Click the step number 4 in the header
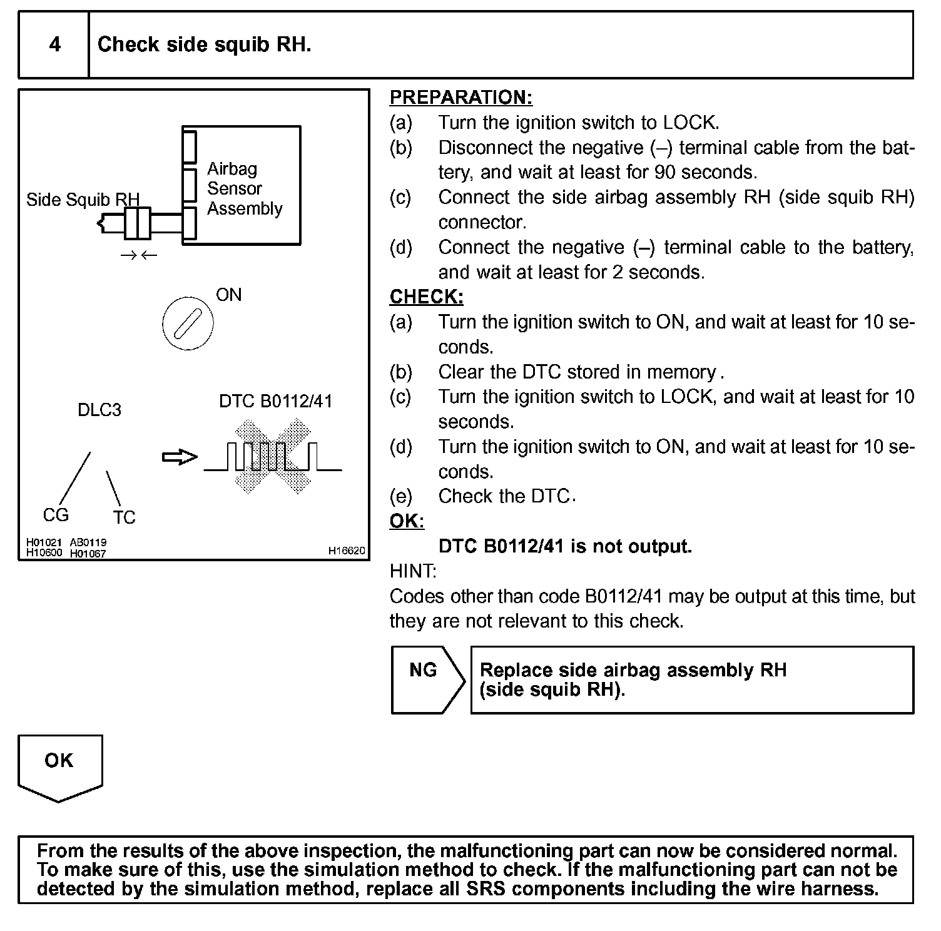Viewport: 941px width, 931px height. (55, 44)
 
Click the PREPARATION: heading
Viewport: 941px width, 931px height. (460, 98)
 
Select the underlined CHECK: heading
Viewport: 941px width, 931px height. (426, 297)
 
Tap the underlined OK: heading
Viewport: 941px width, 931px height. (407, 521)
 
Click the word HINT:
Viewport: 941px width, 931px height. (413, 571)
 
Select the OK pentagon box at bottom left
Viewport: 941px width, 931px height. (59, 766)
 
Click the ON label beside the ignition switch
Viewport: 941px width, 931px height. (228, 295)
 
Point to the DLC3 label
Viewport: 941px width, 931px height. (99, 410)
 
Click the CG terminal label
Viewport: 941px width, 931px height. (56, 515)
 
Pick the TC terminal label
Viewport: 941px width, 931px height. (124, 517)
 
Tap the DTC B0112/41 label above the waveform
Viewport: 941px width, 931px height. (275, 401)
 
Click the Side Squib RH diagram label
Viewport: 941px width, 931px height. (83, 200)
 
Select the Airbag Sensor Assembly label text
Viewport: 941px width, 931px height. (244, 188)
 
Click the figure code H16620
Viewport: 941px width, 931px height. (346, 551)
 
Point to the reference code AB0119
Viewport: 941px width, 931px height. (88, 542)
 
